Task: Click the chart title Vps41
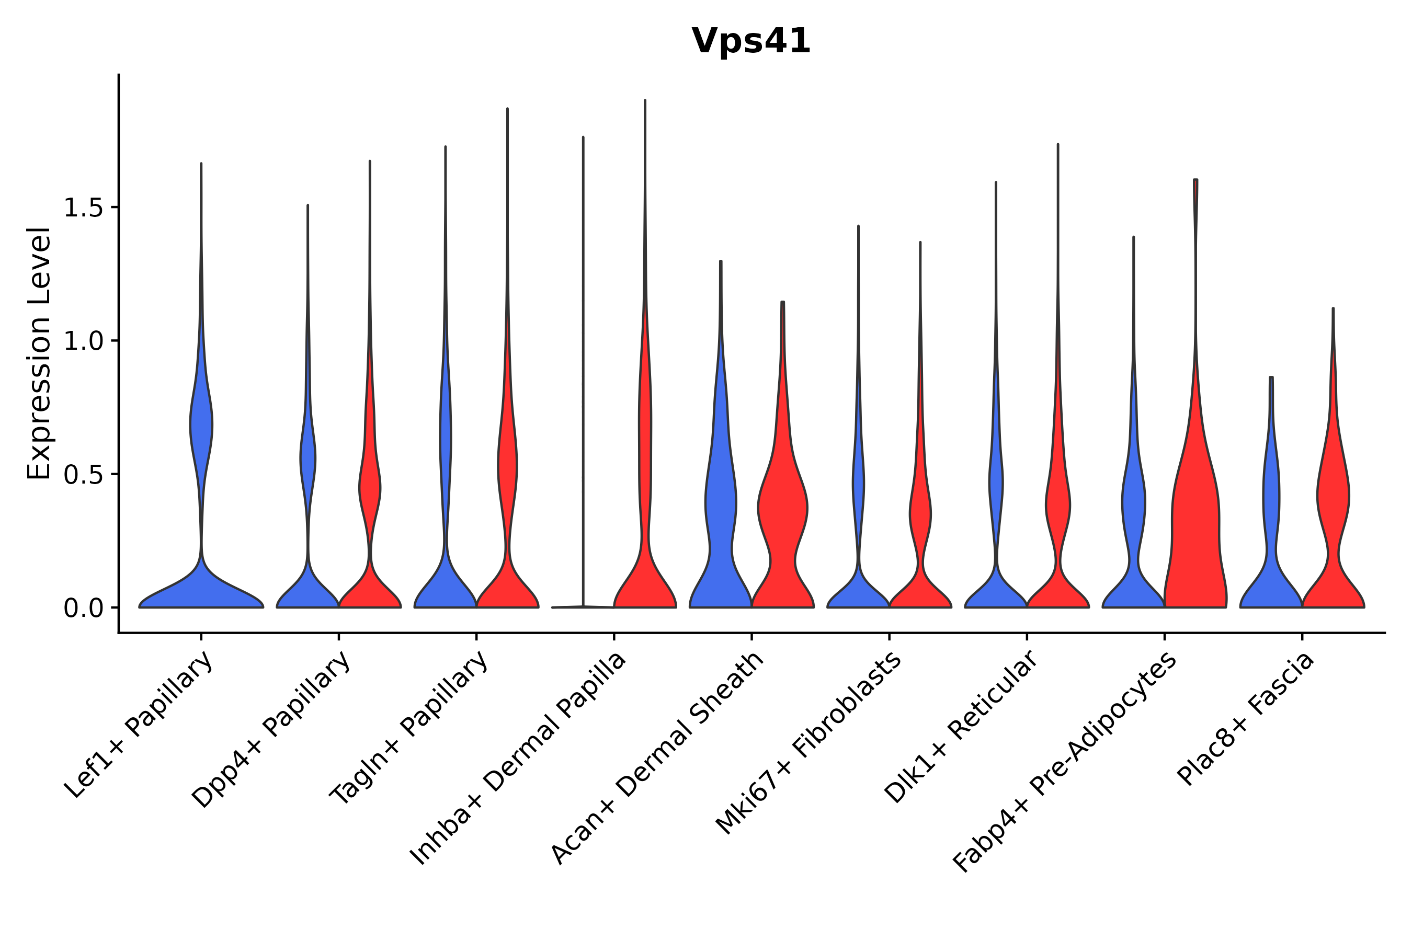750,42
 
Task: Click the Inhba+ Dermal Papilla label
518,759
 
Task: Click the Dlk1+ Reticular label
961,727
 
